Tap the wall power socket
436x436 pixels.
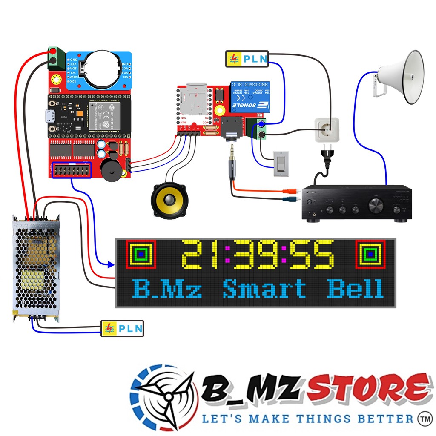coord(327,129)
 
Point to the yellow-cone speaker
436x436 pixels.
coord(169,200)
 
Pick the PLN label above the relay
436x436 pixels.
coord(247,59)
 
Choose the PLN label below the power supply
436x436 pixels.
coord(123,328)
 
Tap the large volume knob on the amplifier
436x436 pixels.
coord(376,205)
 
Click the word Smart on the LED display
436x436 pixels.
coord(264,288)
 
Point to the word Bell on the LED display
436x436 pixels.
coord(355,288)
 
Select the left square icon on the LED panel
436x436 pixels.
coord(141,254)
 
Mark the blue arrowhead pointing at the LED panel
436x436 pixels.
coord(111,265)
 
